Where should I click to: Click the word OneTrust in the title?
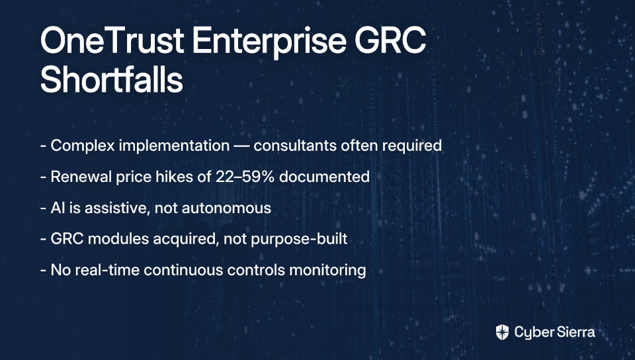[112, 40]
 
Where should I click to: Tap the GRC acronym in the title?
[390, 40]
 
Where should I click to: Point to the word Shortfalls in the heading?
[112, 79]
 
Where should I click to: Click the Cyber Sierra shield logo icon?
[502, 332]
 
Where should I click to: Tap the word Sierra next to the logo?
[575, 332]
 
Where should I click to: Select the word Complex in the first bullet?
[83, 146]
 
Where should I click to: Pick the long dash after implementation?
[241, 146]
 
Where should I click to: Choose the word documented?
[324, 177]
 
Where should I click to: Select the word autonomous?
[226, 208]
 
